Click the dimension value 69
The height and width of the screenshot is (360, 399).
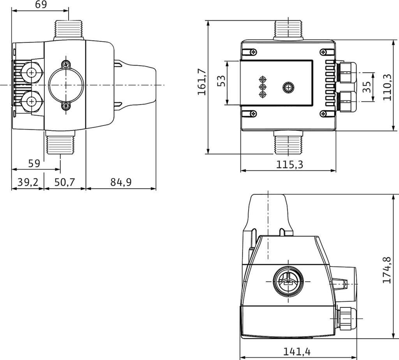[41, 5]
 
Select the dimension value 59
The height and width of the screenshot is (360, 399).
[34, 163]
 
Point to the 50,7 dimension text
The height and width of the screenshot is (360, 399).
[64, 182]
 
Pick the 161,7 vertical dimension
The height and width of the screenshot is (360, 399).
[202, 81]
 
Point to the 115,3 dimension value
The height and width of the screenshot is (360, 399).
[290, 164]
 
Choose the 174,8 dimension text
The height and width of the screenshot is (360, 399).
[387, 270]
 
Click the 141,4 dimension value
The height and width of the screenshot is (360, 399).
[297, 352]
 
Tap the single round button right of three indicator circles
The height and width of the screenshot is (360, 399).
[288, 87]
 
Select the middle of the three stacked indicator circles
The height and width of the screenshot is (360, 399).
[262, 86]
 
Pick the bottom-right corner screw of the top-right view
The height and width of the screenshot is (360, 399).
[323, 113]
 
